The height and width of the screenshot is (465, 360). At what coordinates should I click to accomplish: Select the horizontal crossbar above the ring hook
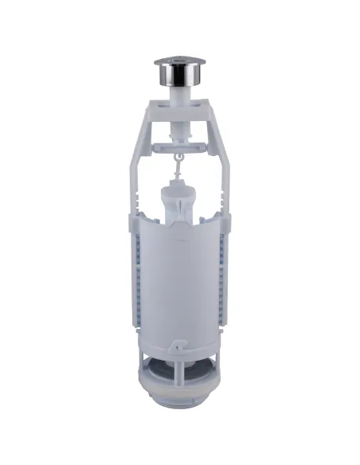(x=179, y=145)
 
